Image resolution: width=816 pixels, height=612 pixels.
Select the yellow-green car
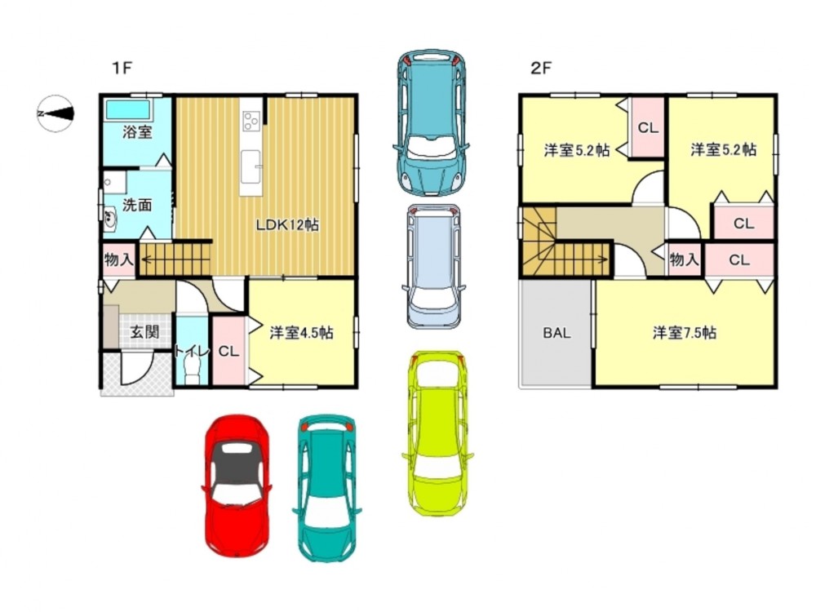pyautogui.click(x=437, y=433)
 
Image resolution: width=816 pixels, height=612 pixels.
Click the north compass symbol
pyautogui.click(x=55, y=113)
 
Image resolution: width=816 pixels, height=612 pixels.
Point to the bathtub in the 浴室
pyautogui.click(x=128, y=110)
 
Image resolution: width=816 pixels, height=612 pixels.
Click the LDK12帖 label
pyautogui.click(x=287, y=225)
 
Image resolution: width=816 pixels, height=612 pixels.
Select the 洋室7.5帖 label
pyautogui.click(x=685, y=333)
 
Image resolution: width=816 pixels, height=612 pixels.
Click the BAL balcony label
pyautogui.click(x=557, y=333)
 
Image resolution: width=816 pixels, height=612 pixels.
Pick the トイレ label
pyautogui.click(x=192, y=352)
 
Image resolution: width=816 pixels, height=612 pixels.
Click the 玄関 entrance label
pyautogui.click(x=144, y=331)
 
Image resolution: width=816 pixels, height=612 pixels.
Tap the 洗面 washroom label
pyautogui.click(x=137, y=205)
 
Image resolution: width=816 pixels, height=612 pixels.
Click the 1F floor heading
pyautogui.click(x=122, y=68)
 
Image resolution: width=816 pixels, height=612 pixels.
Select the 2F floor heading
pyautogui.click(x=541, y=68)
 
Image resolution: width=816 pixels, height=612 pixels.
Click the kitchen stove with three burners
pyautogui.click(x=251, y=122)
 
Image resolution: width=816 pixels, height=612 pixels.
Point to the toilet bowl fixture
pyautogui.click(x=192, y=373)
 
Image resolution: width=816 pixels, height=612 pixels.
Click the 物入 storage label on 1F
pyautogui.click(x=119, y=259)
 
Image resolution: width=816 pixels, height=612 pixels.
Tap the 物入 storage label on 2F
pyautogui.click(x=684, y=259)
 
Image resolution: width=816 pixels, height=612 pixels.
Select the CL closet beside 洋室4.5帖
pyautogui.click(x=228, y=351)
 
